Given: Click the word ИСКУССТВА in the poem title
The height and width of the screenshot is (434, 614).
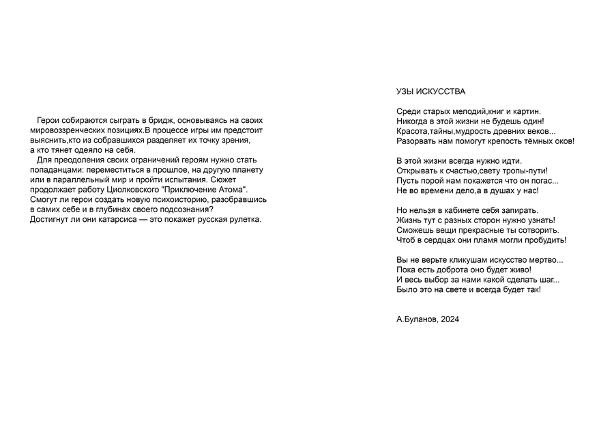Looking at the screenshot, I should pyautogui.click(x=443, y=91).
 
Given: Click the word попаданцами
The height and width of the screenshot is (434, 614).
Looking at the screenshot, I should pyautogui.click(x=57, y=170).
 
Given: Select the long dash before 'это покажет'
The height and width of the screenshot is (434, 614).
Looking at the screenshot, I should pyautogui.click(x=144, y=220).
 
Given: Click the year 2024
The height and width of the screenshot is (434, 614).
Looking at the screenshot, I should pyautogui.click(x=450, y=319).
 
